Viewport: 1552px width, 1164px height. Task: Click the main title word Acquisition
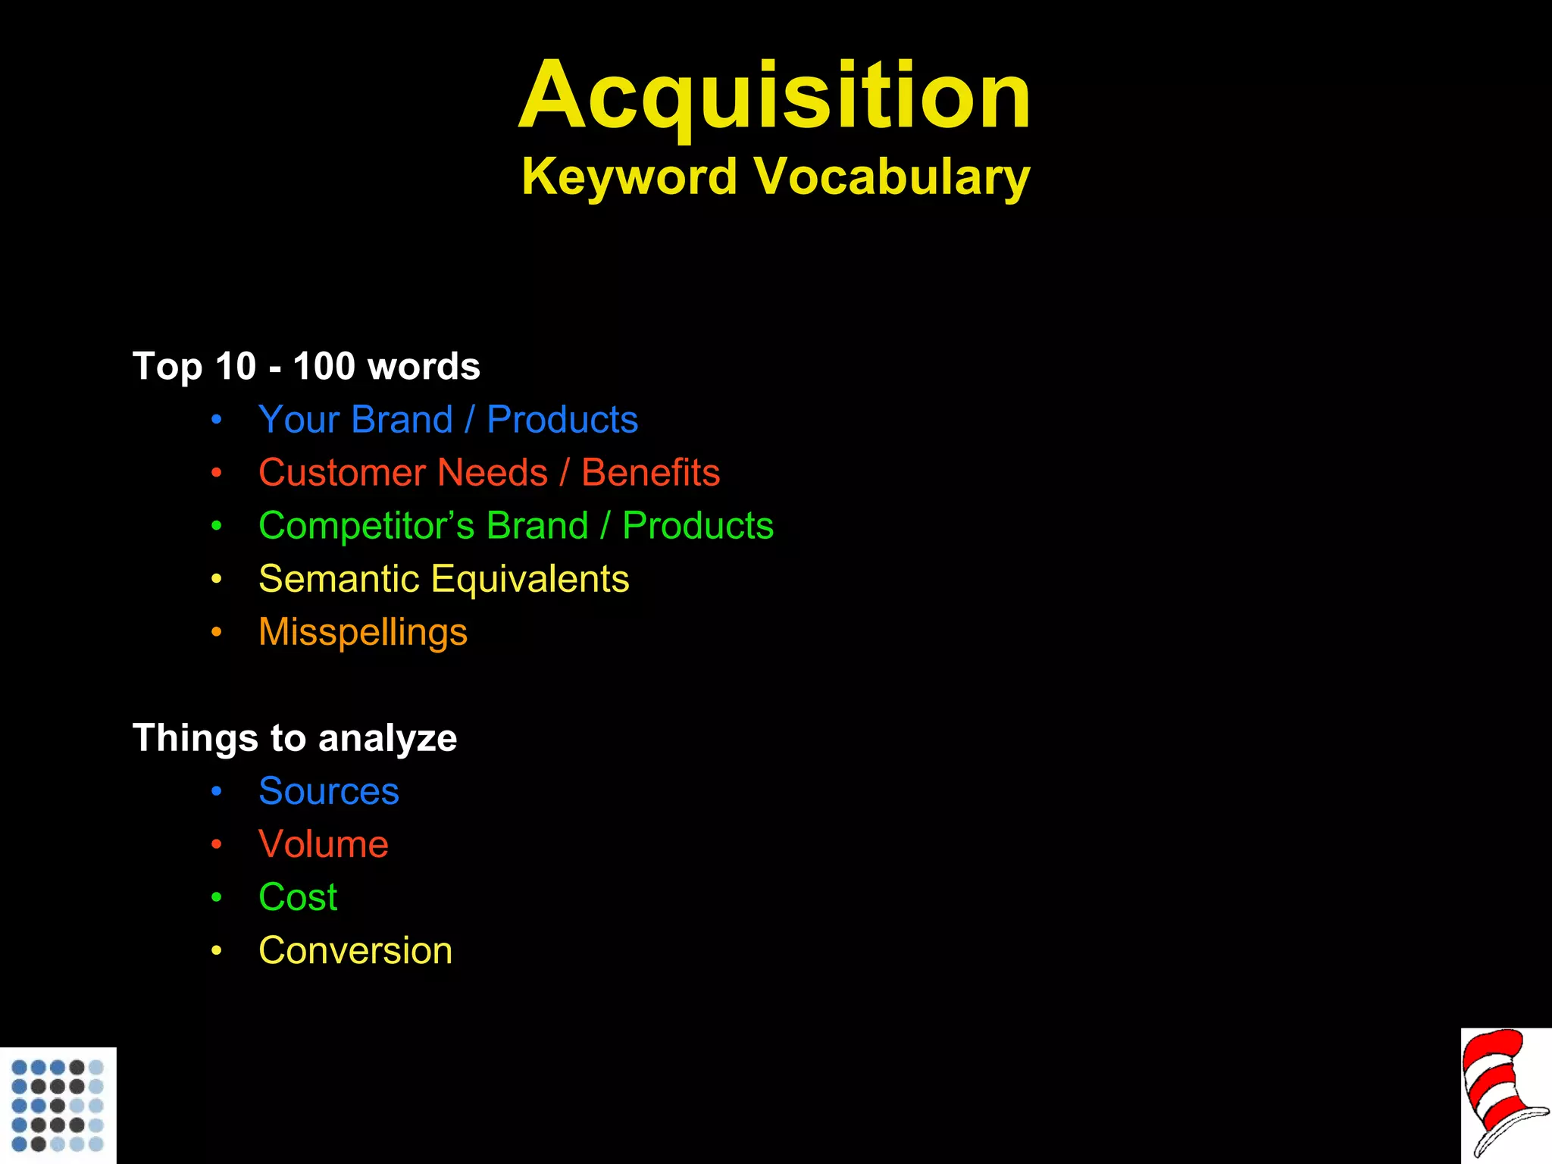coord(774,96)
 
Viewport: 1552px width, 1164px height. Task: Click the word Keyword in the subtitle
coord(629,177)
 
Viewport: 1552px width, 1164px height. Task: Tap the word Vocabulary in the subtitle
coord(892,177)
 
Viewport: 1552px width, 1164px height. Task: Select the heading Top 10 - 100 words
coord(306,367)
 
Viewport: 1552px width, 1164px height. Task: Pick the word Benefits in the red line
coord(650,473)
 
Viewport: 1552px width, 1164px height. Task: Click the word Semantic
coord(339,579)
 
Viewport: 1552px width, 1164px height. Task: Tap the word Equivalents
coord(530,579)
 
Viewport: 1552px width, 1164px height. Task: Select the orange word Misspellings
coord(363,633)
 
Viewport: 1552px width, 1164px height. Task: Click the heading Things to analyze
coord(295,738)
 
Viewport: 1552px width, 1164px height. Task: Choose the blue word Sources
coord(328,791)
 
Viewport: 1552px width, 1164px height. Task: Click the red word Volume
coord(324,844)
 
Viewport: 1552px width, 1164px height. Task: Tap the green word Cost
coord(298,897)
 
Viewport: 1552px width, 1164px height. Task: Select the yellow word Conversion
coord(355,950)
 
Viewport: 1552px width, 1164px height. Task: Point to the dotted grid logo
coord(58,1105)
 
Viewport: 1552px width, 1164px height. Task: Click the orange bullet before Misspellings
coord(217,632)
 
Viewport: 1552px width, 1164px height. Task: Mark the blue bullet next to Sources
coord(217,791)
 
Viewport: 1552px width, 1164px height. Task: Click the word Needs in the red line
coord(493,473)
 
